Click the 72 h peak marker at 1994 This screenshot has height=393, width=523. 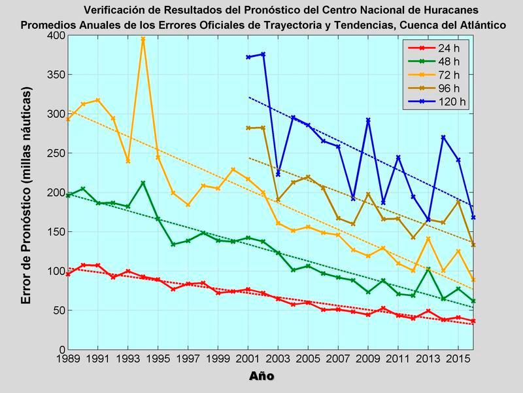tap(143, 39)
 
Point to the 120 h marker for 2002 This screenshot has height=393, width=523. tap(263, 54)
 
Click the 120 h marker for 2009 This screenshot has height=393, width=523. tap(369, 120)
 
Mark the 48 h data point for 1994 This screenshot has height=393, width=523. tap(143, 183)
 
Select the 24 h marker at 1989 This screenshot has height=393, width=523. tap(68, 274)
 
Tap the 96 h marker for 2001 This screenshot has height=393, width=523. tap(248, 128)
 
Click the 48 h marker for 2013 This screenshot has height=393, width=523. tap(428, 269)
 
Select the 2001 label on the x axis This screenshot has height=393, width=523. tap(248, 360)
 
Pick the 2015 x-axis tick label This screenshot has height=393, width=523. tap(458, 360)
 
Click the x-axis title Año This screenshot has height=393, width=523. tap(261, 376)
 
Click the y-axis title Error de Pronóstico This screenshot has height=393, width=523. tap(26, 196)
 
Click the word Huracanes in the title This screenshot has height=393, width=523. tap(445, 10)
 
